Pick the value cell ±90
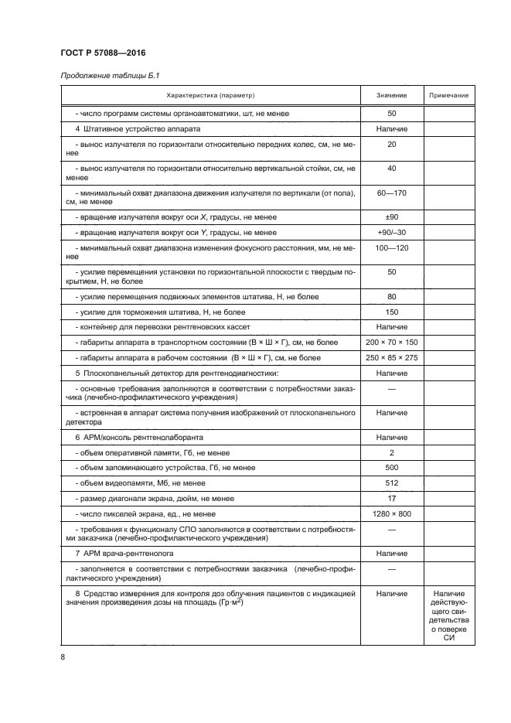[x=391, y=217]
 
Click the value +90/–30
[x=391, y=232]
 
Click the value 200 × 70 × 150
[x=391, y=342]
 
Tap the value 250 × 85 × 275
[x=391, y=357]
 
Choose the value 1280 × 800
[x=391, y=513]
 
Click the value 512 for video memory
[x=391, y=483]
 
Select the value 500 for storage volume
[x=391, y=468]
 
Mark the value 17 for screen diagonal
[x=391, y=498]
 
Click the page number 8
[x=63, y=657]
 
